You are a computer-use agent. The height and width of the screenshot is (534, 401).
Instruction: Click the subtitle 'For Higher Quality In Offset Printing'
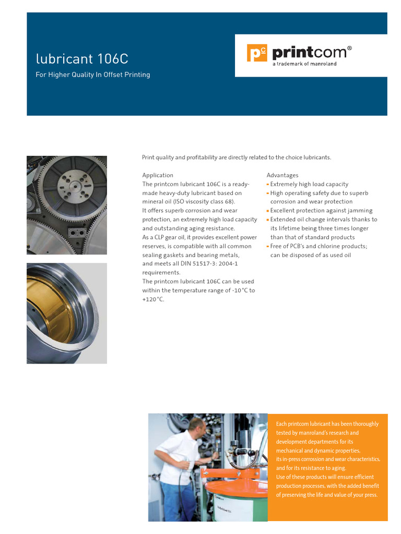pyautogui.click(x=92, y=75)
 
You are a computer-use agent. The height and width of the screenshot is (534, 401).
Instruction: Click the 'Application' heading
pyautogui.click(x=158, y=175)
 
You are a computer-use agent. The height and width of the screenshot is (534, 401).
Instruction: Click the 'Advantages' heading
pyautogui.click(x=282, y=175)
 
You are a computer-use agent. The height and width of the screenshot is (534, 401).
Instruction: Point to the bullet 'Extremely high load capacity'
pyautogui.click(x=309, y=184)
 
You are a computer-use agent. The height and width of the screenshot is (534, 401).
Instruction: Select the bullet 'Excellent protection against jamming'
pyautogui.click(x=321, y=211)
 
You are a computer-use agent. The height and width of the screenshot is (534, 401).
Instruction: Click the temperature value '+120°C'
pyautogui.click(x=154, y=299)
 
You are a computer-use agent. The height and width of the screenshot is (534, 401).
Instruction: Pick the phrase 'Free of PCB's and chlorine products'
pyautogui.click(x=319, y=246)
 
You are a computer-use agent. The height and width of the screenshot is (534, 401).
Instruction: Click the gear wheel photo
pyautogui.click(x=67, y=205)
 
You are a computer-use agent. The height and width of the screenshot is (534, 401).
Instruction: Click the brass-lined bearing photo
pyautogui.click(x=67, y=313)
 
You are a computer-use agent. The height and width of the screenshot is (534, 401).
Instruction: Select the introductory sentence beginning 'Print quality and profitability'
pyautogui.click(x=237, y=157)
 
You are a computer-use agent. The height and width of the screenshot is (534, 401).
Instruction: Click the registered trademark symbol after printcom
pyautogui.click(x=349, y=48)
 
